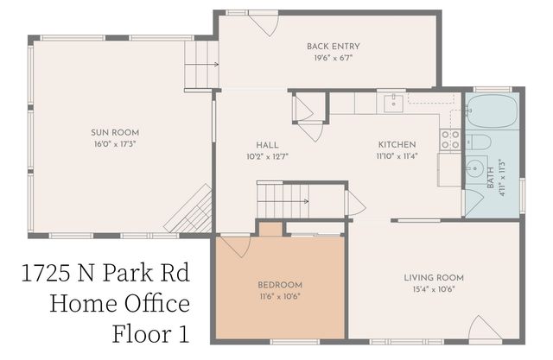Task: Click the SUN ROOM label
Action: (110, 132)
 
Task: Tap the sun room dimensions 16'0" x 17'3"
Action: (110, 144)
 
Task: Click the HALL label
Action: (267, 144)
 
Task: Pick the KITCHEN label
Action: (397, 144)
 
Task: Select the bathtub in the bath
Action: (492, 111)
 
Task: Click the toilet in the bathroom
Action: (480, 142)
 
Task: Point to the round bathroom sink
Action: (474, 169)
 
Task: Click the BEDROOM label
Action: (280, 285)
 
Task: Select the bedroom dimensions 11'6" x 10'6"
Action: (280, 297)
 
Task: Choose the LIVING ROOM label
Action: (434, 278)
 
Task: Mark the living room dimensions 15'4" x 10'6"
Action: (434, 290)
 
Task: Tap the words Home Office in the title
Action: (119, 304)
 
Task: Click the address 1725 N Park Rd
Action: (104, 275)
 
